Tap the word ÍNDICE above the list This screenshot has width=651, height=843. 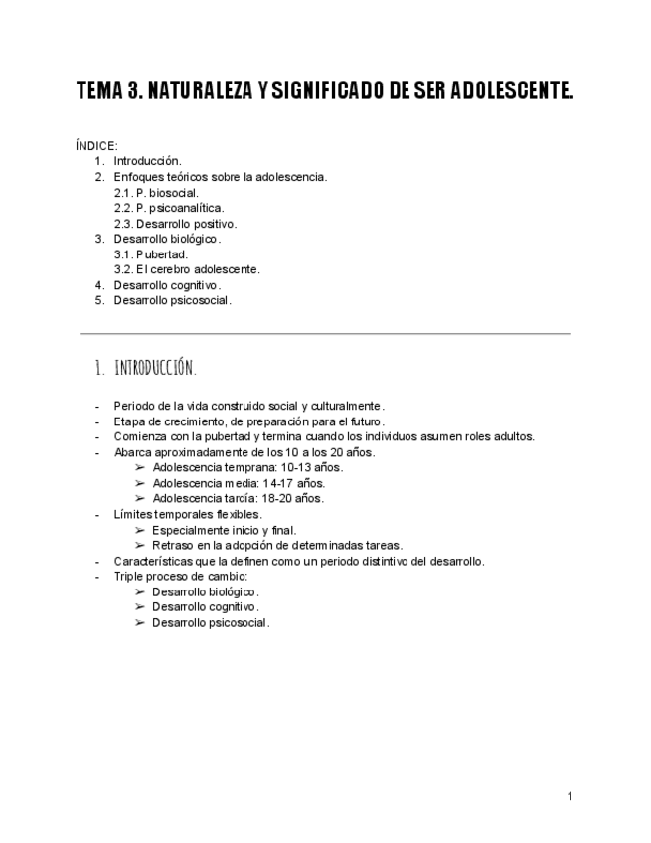pyautogui.click(x=95, y=146)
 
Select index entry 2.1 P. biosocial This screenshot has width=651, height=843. pyautogui.click(x=156, y=192)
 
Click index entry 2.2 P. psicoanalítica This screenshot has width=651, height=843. pyautogui.click(x=169, y=208)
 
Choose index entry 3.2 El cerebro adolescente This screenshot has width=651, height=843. pyautogui.click(x=187, y=269)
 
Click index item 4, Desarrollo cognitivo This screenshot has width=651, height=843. pyautogui.click(x=167, y=285)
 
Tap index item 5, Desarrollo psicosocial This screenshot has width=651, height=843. pyautogui.click(x=172, y=300)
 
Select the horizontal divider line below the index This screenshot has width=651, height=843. pyautogui.click(x=325, y=333)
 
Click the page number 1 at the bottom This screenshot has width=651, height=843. pyautogui.click(x=570, y=796)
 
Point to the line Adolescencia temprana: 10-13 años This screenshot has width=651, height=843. pyautogui.click(x=247, y=467)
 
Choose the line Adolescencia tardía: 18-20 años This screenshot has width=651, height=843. pyautogui.click(x=238, y=499)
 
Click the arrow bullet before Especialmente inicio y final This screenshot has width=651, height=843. pyautogui.click(x=140, y=530)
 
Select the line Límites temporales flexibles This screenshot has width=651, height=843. pyautogui.click(x=188, y=514)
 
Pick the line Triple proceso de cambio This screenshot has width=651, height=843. pyautogui.click(x=180, y=577)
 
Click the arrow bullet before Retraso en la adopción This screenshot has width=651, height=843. pyautogui.click(x=140, y=546)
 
